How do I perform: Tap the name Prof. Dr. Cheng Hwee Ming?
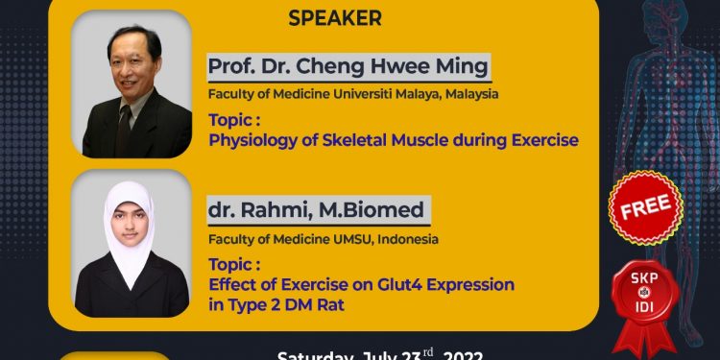348,68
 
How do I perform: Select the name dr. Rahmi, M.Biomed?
316,210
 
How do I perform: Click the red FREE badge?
646,208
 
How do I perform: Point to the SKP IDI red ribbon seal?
645,294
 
